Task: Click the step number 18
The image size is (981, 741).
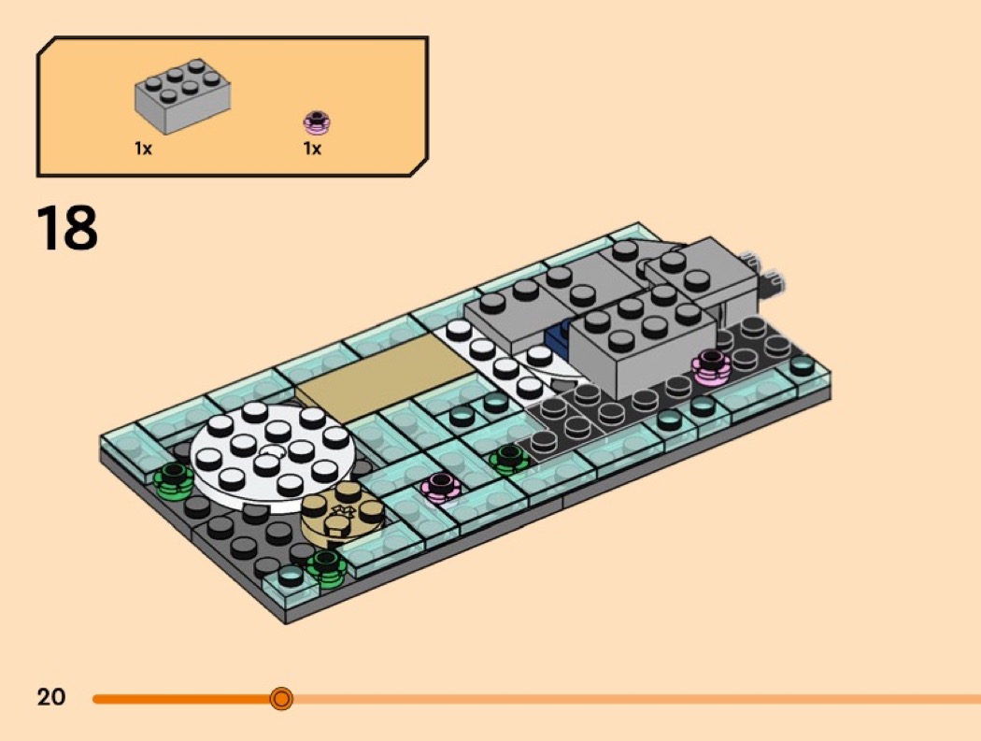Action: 67,227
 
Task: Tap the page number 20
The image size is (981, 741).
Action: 51,697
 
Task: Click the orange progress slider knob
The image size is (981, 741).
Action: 281,698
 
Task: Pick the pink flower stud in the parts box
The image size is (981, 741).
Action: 317,122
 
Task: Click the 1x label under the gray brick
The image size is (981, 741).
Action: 143,149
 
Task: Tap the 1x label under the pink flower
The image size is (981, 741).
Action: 312,149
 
